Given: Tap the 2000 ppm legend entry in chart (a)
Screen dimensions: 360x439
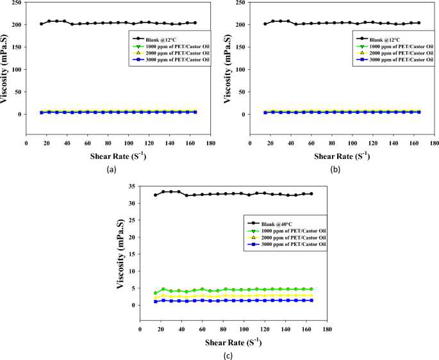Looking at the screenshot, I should (x=169, y=53).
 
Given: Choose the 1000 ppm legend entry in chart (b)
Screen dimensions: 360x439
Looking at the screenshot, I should (x=392, y=46).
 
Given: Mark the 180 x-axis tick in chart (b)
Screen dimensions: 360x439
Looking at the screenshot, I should (x=433, y=142).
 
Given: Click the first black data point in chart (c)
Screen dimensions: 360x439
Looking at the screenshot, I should (x=156, y=195).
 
